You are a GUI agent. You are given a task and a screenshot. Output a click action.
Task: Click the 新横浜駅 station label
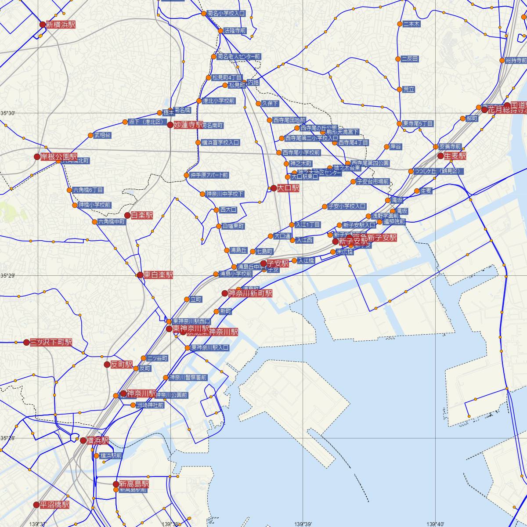tap(60, 25)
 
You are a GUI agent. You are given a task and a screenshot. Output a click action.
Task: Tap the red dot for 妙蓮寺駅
tap(170, 125)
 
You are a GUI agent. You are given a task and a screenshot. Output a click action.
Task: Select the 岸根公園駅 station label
tap(59, 157)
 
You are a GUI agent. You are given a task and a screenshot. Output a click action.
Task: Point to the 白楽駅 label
tap(142, 215)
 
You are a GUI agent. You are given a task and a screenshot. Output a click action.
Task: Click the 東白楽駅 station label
tap(158, 275)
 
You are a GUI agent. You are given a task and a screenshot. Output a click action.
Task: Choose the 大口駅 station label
tap(288, 188)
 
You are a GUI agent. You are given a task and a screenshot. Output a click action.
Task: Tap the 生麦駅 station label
tap(455, 156)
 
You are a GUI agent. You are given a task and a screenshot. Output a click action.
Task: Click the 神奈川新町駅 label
tap(250, 293)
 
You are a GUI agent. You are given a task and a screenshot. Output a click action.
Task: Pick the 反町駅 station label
tap(122, 365)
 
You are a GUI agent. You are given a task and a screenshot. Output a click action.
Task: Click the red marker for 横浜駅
tap(83, 440)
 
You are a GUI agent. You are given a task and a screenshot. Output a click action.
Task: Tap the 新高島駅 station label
tap(134, 484)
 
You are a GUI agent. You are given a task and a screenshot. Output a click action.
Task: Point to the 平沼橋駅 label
tap(54, 505)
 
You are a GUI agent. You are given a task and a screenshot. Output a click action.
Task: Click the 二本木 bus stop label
tap(411, 24)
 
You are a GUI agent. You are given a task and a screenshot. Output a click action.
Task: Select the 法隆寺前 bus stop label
tap(235, 31)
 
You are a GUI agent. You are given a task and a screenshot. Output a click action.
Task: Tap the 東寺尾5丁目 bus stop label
tap(418, 124)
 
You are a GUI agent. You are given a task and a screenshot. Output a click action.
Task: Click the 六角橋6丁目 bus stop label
tap(88, 190)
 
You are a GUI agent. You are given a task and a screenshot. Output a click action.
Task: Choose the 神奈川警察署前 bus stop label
tap(188, 377)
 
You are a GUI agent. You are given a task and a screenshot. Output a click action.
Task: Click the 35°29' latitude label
tap(7, 275)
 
